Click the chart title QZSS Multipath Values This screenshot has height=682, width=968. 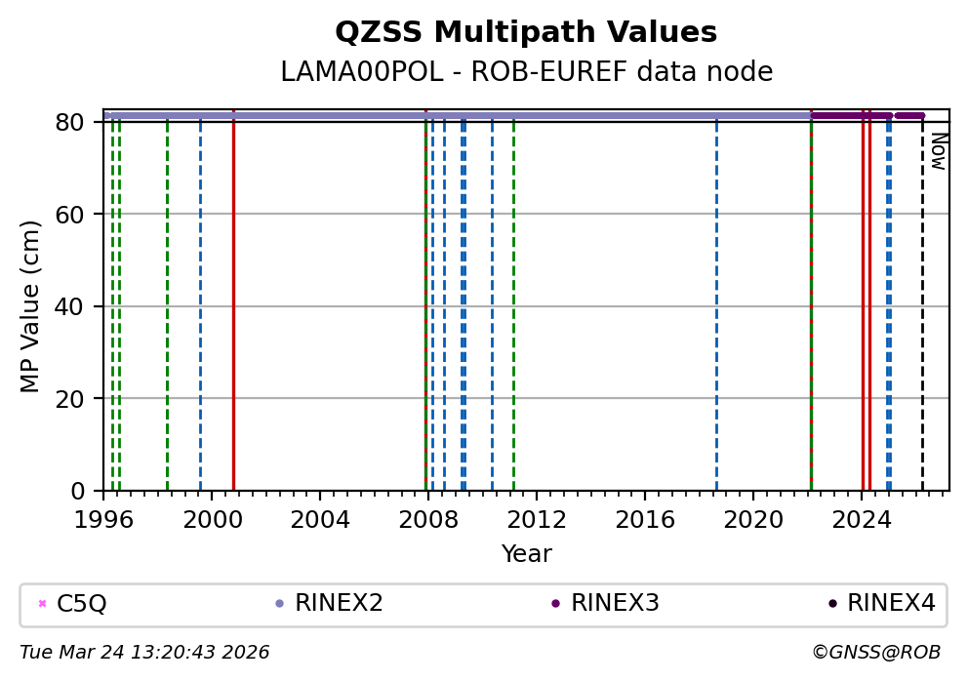(526, 33)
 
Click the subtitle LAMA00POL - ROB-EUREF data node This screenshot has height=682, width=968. (526, 72)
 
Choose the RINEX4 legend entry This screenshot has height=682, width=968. (891, 604)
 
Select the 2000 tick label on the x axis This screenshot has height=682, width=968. (212, 519)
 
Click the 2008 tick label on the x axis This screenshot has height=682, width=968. (428, 519)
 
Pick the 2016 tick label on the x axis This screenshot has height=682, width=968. (645, 519)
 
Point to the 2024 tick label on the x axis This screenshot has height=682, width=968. (862, 519)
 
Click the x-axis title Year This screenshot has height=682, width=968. (526, 554)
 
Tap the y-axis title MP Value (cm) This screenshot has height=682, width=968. (31, 306)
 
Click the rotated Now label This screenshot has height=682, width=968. (938, 151)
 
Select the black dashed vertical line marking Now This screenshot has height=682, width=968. (922, 312)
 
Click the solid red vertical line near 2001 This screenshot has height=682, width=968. (233, 312)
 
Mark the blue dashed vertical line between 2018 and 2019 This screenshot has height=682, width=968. (716, 312)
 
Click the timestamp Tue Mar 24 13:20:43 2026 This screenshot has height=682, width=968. (144, 653)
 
